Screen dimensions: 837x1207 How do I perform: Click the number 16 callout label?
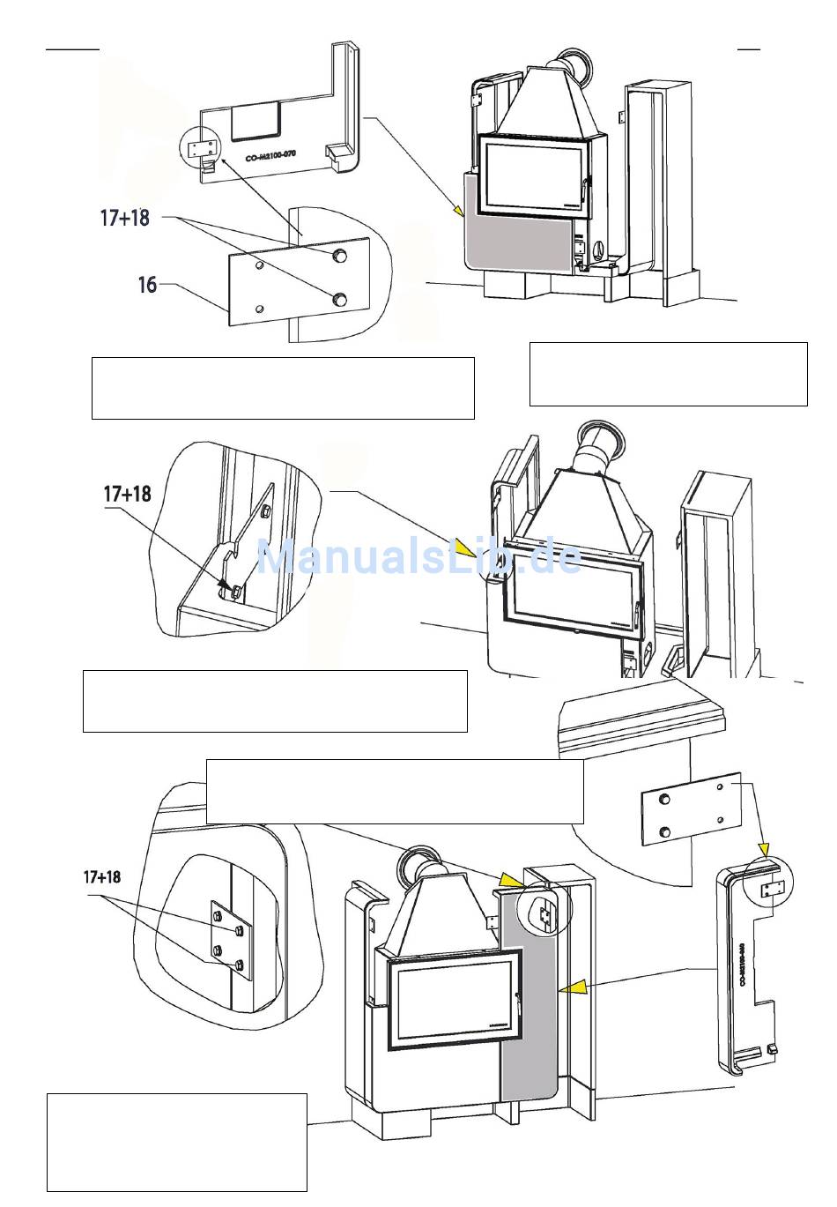coord(146,285)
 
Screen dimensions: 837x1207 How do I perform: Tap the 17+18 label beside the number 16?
coord(124,217)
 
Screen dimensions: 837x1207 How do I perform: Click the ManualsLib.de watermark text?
coord(418,556)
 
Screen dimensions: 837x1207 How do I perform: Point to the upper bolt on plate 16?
coord(338,256)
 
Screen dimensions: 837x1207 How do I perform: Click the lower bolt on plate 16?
coord(337,301)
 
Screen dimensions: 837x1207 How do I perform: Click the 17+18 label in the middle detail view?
coord(127,494)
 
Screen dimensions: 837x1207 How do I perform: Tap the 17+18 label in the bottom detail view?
coord(101,877)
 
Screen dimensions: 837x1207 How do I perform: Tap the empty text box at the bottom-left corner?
coord(176,1142)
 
